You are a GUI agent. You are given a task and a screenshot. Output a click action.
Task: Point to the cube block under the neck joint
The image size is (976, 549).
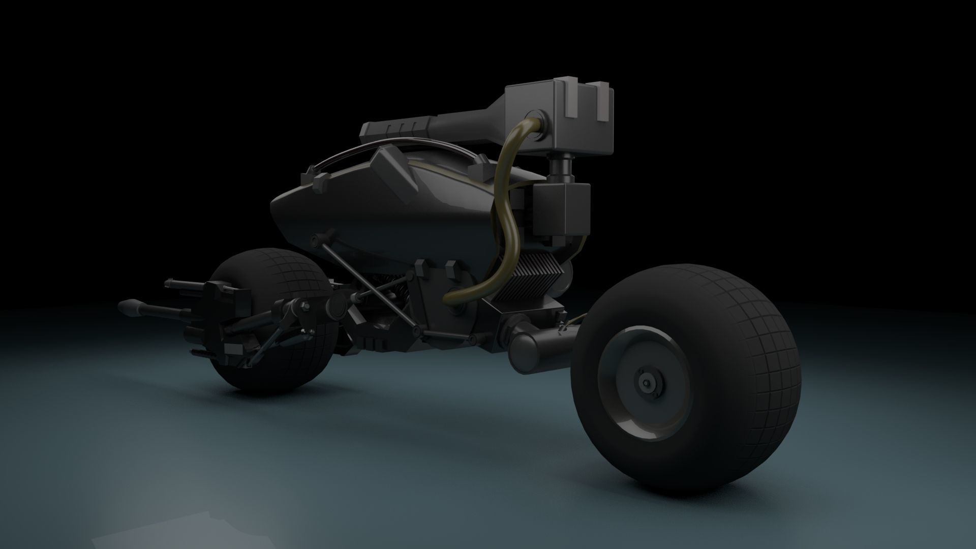(x=561, y=209)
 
